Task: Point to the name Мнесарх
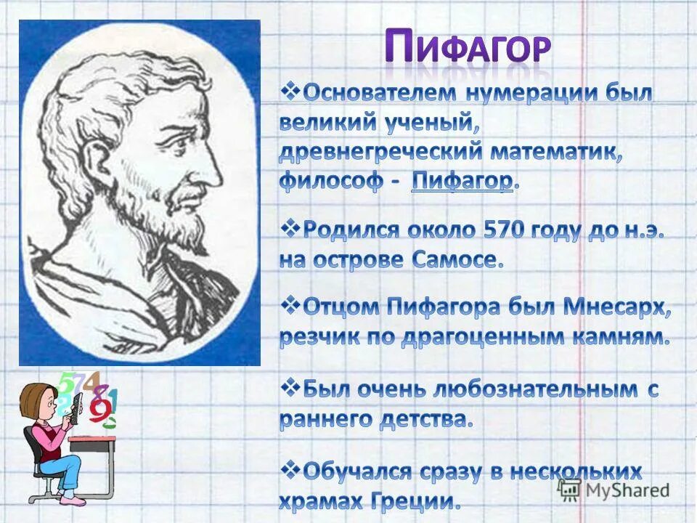tap(616, 307)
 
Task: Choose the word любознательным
tap(531, 389)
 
